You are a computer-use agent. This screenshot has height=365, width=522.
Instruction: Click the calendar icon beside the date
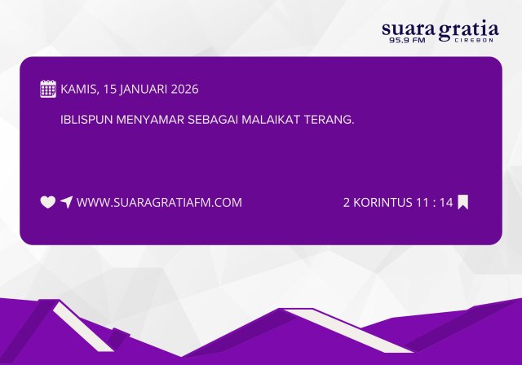coord(48,89)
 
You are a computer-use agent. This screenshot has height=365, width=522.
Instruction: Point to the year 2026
coord(184,89)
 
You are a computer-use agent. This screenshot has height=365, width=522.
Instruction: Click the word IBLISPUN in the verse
coord(88,119)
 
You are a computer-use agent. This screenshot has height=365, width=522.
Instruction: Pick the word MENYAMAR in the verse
coord(155,119)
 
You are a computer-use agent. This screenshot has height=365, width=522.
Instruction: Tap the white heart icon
coord(48,202)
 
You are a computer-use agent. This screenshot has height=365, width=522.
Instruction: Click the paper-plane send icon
coord(66,202)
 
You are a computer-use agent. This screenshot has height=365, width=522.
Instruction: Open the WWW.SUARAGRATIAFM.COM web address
coord(159,202)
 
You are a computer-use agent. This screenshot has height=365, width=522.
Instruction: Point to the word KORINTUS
coord(383,202)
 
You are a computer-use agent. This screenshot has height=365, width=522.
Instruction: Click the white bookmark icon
coord(463,202)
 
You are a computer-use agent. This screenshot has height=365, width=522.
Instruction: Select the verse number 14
coord(445,202)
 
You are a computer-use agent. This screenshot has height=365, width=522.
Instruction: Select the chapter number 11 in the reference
coord(422,202)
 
